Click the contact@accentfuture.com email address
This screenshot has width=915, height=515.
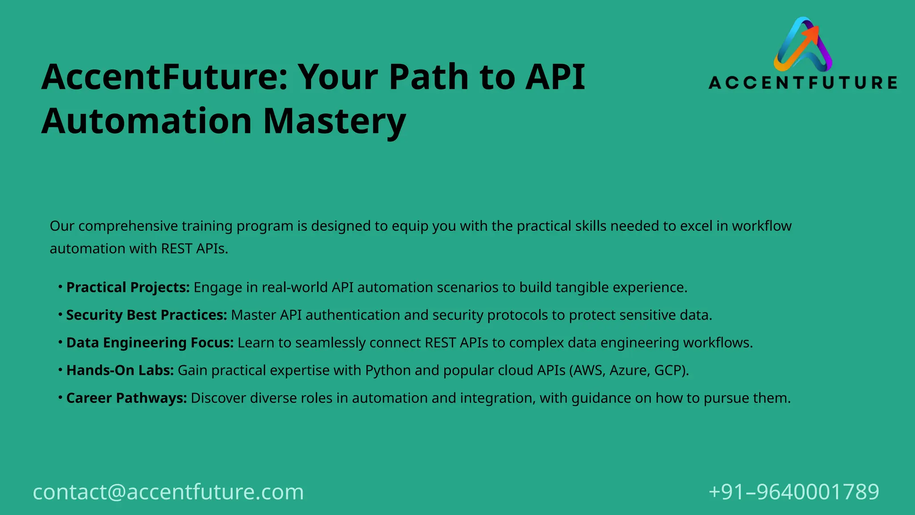pyautogui.click(x=168, y=492)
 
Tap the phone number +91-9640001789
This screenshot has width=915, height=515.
pyautogui.click(x=794, y=492)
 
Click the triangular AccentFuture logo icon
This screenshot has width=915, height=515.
pyautogui.click(x=803, y=45)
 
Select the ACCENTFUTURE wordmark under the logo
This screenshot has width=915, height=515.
pyautogui.click(x=803, y=83)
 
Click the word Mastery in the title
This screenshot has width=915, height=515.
pyautogui.click(x=335, y=121)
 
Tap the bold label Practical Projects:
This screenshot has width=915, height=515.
pyautogui.click(x=128, y=287)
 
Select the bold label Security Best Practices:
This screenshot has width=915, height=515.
pyautogui.click(x=147, y=315)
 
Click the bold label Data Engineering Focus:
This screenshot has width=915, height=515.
pyautogui.click(x=150, y=343)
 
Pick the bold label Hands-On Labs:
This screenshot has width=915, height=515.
pyautogui.click(x=120, y=371)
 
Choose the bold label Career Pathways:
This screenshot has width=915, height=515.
pyautogui.click(x=126, y=398)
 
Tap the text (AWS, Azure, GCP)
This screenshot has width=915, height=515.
pyautogui.click(x=629, y=371)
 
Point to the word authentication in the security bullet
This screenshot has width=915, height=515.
pyautogui.click(x=353, y=315)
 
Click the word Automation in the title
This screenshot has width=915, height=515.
pyautogui.click(x=147, y=121)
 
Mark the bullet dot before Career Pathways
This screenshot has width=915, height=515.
pyautogui.click(x=60, y=397)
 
